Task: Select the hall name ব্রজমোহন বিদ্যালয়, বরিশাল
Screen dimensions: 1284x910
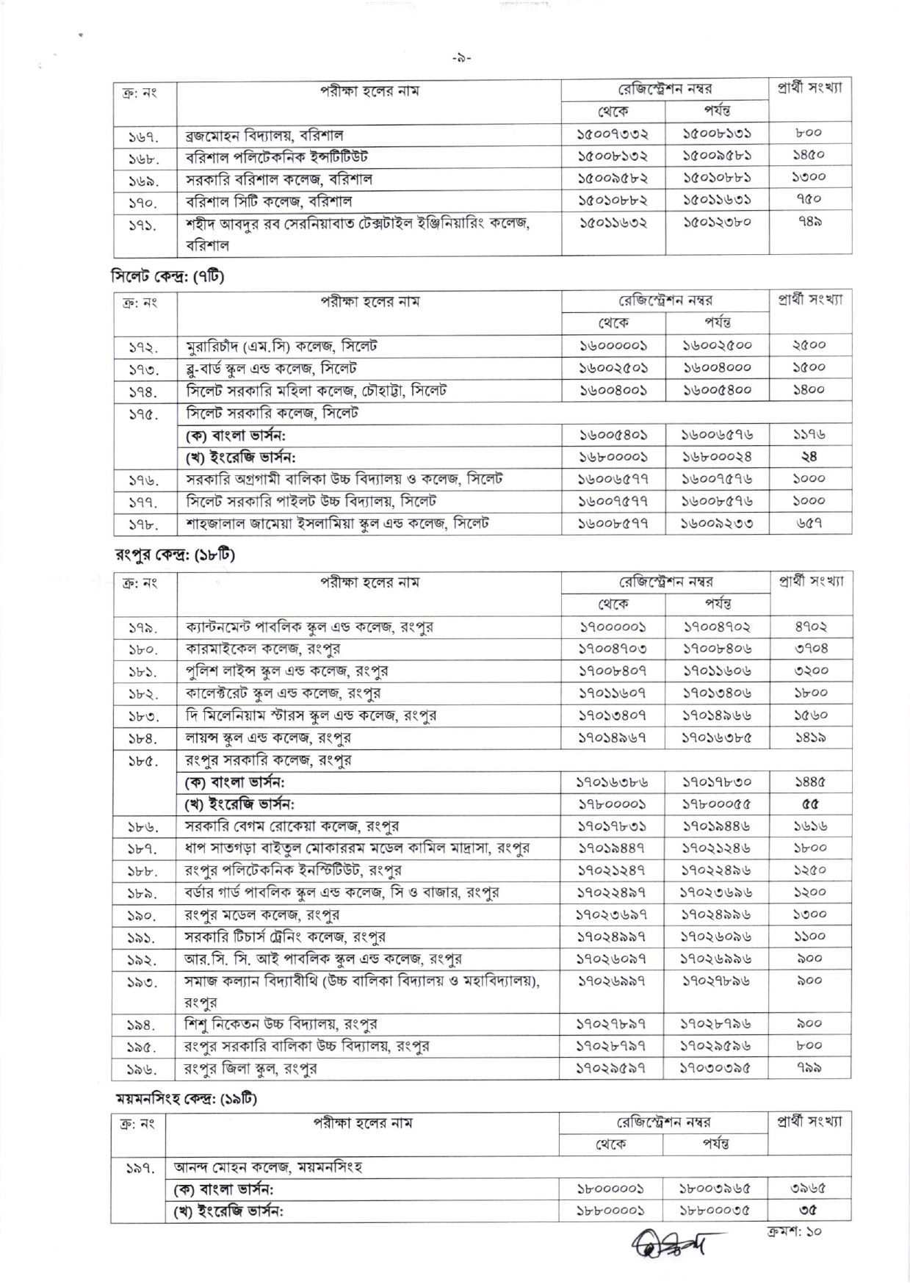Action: click(x=264, y=135)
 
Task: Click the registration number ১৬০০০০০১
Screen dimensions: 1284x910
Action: click(x=613, y=346)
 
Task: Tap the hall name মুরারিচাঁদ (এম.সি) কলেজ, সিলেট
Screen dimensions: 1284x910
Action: click(x=281, y=346)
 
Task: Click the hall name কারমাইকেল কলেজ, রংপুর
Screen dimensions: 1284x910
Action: click(x=262, y=649)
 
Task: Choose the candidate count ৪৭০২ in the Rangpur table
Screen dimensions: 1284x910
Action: click(x=810, y=627)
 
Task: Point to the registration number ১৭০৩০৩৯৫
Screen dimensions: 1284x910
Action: click(x=717, y=1068)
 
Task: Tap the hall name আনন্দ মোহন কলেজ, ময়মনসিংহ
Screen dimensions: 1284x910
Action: click(x=268, y=1166)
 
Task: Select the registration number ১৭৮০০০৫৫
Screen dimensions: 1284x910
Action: click(x=717, y=804)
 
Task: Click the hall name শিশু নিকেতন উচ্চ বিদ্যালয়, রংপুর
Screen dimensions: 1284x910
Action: click(x=281, y=1024)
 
